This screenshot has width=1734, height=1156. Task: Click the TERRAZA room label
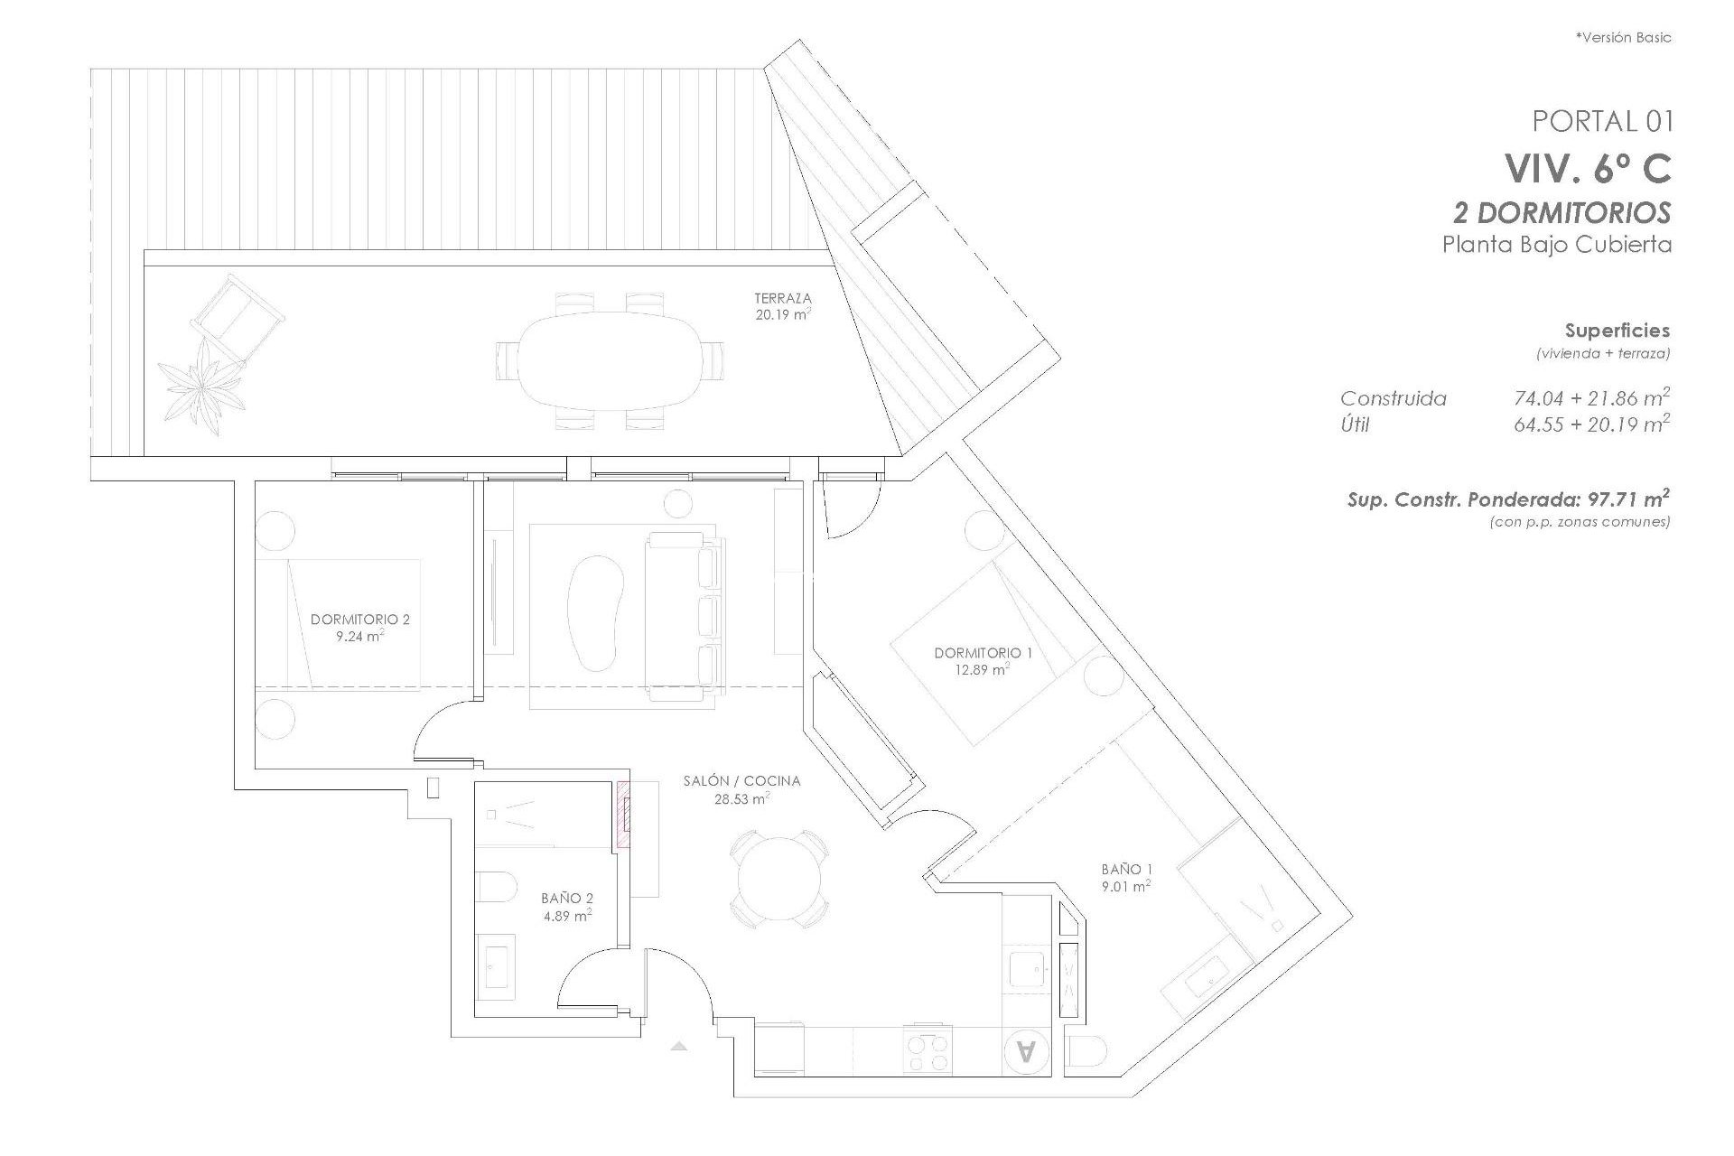783,298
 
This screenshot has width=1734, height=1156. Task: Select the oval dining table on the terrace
611,360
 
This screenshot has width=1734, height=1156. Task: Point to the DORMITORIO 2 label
359,620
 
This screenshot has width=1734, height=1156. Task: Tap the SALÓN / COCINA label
741,781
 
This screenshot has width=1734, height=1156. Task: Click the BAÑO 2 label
567,899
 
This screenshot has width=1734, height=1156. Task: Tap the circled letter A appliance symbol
1026,1051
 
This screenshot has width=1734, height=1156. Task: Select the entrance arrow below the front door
679,1046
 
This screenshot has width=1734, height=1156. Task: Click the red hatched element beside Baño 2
623,816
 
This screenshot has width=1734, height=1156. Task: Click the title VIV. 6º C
1587,168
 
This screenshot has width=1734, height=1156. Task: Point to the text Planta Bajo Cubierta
1556,245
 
